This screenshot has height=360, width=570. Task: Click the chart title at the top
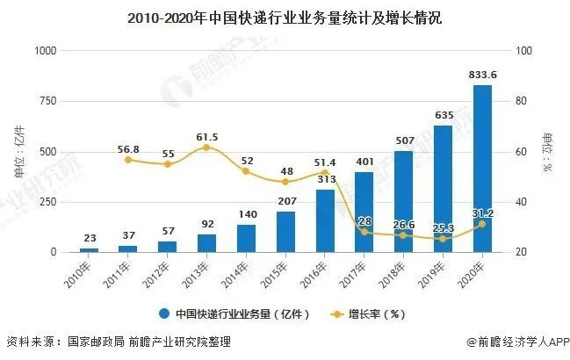click(x=285, y=16)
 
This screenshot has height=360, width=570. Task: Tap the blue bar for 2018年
click(x=403, y=201)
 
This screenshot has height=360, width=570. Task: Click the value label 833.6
click(x=482, y=76)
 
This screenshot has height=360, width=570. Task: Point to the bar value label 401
click(x=364, y=162)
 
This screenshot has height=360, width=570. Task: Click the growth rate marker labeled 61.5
click(x=206, y=148)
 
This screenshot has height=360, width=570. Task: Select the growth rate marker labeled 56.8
click(x=128, y=160)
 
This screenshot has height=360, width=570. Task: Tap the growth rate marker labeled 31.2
click(x=482, y=224)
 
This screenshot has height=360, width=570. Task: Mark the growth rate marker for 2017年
click(x=364, y=232)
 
